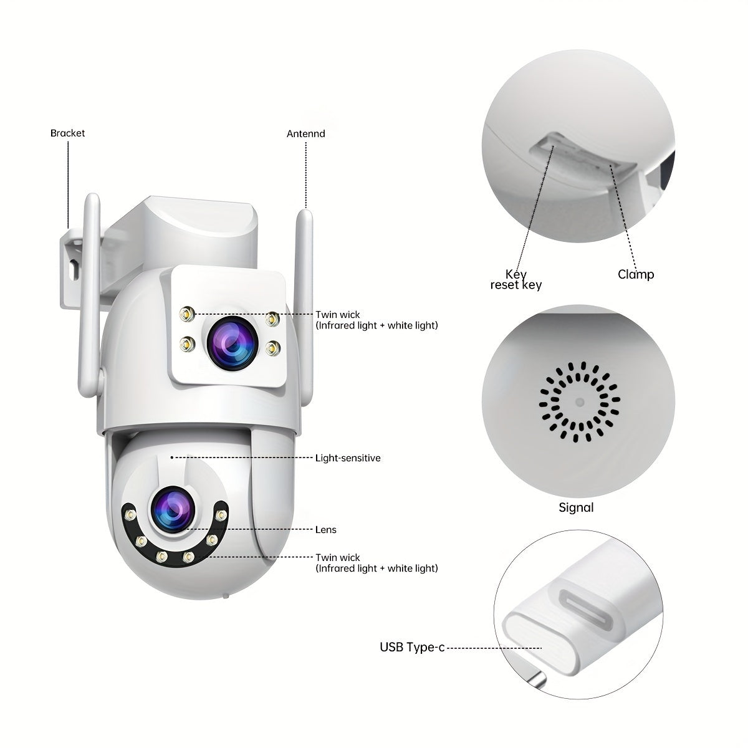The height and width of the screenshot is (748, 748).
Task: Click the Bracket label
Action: point(67,133)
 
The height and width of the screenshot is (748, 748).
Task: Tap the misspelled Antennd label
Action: point(306,133)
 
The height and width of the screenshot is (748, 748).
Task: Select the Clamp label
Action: point(636,274)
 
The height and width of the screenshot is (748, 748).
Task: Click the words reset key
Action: point(516,285)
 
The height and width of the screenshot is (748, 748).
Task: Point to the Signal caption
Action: point(576,507)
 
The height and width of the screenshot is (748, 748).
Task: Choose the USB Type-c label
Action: point(412,647)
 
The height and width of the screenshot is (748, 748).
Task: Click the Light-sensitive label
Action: point(348,458)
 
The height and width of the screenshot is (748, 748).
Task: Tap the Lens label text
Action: point(325,529)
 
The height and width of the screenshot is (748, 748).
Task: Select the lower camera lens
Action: point(173,509)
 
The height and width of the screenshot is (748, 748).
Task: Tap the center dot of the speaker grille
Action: point(580,402)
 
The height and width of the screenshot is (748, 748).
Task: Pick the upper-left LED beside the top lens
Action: point(188,314)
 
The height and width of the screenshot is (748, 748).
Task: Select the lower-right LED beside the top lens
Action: point(273,348)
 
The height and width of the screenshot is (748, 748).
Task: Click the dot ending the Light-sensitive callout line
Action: point(172,458)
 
